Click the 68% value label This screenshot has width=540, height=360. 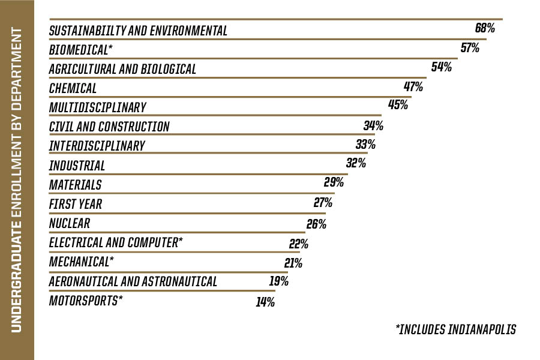coord(484,28)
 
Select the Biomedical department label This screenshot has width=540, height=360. coord(77,50)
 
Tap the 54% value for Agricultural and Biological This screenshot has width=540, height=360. coord(441,67)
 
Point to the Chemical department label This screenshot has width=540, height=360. coord(73,88)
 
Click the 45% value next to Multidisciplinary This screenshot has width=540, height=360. coord(398,105)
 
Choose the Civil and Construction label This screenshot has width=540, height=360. coord(109,127)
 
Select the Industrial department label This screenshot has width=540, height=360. coord(77,166)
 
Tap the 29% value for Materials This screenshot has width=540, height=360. coord(334,182)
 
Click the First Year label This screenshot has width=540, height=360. coord(76,204)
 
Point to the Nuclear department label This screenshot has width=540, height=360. coord(70,223)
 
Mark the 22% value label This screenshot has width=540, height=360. coord(298,244)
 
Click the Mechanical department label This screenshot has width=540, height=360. coord(81,262)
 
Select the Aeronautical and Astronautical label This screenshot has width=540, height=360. coord(133,281)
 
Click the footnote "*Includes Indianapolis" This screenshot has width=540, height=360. coord(455,329)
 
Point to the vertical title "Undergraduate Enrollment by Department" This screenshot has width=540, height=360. coord(17,180)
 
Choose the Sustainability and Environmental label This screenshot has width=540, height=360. coord(138,31)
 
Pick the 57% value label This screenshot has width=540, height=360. coord(469,48)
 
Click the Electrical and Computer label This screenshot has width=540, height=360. coord(116,242)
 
